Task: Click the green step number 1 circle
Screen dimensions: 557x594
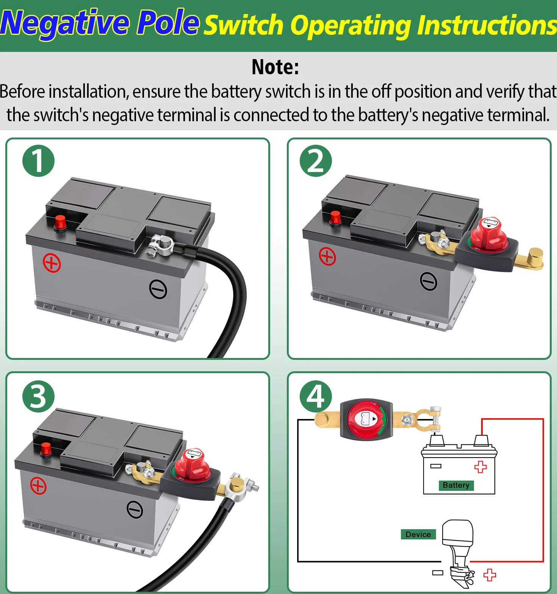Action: (38, 161)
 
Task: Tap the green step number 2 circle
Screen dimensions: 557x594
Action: (316, 161)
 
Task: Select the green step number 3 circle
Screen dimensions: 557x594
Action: (38, 396)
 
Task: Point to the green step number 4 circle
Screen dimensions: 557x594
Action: (316, 396)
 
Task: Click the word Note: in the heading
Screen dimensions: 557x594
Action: (275, 67)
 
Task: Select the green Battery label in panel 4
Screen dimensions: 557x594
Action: (456, 485)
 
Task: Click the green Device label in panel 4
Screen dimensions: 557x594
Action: (418, 535)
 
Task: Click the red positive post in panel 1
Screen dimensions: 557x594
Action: (60, 222)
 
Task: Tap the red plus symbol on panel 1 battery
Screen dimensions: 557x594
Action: (52, 263)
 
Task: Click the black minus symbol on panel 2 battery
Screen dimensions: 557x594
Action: (429, 281)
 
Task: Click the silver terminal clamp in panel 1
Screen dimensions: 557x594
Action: (160, 245)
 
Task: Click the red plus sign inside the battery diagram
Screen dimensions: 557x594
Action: (480, 467)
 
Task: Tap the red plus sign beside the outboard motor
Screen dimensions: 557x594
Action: (490, 575)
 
